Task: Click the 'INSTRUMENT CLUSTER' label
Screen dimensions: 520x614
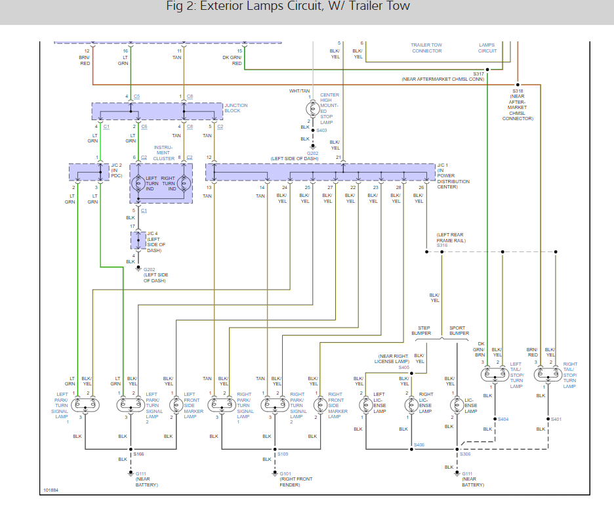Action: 164,153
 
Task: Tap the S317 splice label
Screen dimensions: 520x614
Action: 478,74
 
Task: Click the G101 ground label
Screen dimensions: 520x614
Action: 285,473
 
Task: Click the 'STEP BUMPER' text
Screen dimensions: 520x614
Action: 421,330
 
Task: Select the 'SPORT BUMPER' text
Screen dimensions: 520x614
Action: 459,330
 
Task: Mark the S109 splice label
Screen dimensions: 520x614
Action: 283,454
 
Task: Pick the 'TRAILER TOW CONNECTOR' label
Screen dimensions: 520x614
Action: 426,48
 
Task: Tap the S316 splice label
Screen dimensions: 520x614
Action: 441,245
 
